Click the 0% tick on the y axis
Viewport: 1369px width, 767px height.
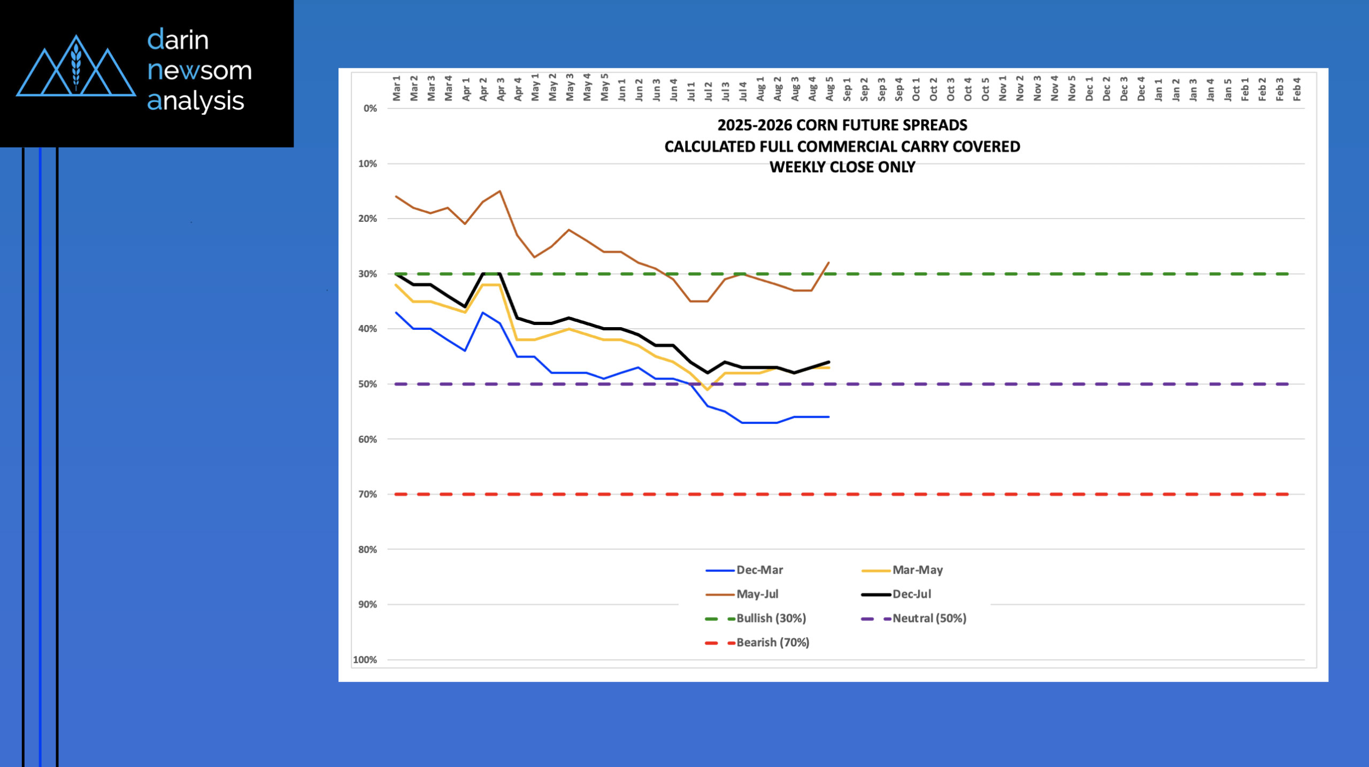[370, 109]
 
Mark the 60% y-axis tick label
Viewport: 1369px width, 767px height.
[367, 439]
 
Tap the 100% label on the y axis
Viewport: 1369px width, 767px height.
[365, 660]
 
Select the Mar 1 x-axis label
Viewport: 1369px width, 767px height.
[396, 88]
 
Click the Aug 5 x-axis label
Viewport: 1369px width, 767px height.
[829, 88]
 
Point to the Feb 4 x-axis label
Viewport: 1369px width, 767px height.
[1297, 88]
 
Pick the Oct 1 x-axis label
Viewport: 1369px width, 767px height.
[916, 88]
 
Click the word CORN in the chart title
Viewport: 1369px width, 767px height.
[816, 125]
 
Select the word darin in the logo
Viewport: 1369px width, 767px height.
[178, 40]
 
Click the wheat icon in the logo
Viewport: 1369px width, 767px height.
[76, 67]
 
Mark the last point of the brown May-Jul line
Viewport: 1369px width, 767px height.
[829, 262]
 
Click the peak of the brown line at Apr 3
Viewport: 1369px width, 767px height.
[500, 191]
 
